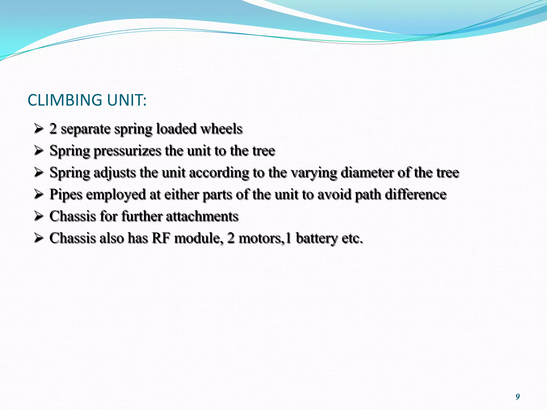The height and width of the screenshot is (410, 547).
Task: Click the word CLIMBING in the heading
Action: pyautogui.click(x=65, y=100)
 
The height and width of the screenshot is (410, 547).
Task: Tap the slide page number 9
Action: pyautogui.click(x=517, y=397)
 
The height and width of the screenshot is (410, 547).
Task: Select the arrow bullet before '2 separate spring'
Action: pyautogui.click(x=39, y=129)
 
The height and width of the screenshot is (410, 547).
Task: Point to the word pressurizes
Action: pyautogui.click(x=127, y=151)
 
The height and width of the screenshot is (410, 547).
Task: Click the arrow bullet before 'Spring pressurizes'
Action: pyautogui.click(x=39, y=151)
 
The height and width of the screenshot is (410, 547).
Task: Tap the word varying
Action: pyautogui.click(x=314, y=173)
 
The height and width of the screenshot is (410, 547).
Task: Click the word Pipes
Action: pyautogui.click(x=66, y=195)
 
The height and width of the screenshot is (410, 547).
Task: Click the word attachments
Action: pyautogui.click(x=202, y=216)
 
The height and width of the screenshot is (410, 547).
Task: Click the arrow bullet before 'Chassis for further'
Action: pyautogui.click(x=39, y=216)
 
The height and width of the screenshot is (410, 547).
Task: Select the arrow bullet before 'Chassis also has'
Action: pyautogui.click(x=39, y=238)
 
